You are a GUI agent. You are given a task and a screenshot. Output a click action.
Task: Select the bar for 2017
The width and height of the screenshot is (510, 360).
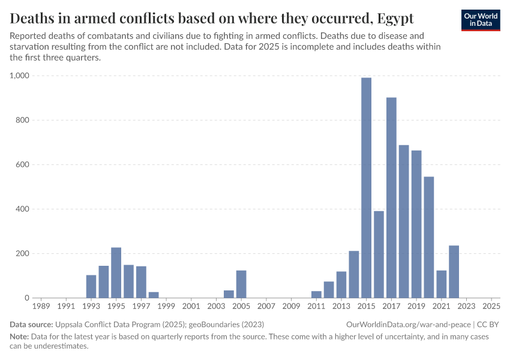pos(391,197)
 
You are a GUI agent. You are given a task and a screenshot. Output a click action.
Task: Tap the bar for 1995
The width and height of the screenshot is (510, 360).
pos(116,272)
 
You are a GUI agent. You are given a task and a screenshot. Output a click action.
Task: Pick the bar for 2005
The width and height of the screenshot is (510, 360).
pos(241,284)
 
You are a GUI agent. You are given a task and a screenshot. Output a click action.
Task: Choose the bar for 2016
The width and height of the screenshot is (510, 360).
pos(379,254)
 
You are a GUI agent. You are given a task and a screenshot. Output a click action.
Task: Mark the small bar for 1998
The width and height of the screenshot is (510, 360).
pos(154,295)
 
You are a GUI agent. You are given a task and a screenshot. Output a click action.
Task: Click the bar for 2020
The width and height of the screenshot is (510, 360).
pos(428,237)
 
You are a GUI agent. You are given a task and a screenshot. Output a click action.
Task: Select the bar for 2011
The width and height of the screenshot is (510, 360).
pos(316,294)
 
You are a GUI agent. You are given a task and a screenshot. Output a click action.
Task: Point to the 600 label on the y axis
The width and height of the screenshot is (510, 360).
pos(23,164)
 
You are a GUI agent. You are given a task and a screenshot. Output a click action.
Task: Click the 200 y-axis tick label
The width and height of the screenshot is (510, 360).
pos(23,253)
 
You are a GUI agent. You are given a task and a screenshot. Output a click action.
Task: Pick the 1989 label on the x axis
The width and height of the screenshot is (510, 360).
pos(41,307)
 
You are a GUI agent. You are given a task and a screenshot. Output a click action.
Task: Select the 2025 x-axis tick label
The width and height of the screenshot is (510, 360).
pos(491,307)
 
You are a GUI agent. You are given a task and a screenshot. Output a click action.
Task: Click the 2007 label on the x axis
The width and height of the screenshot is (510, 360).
pos(266,307)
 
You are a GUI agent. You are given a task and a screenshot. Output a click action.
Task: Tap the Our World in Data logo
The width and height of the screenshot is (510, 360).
pos(480,19)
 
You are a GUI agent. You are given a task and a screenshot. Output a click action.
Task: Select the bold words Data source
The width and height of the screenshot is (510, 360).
pos(31,324)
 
